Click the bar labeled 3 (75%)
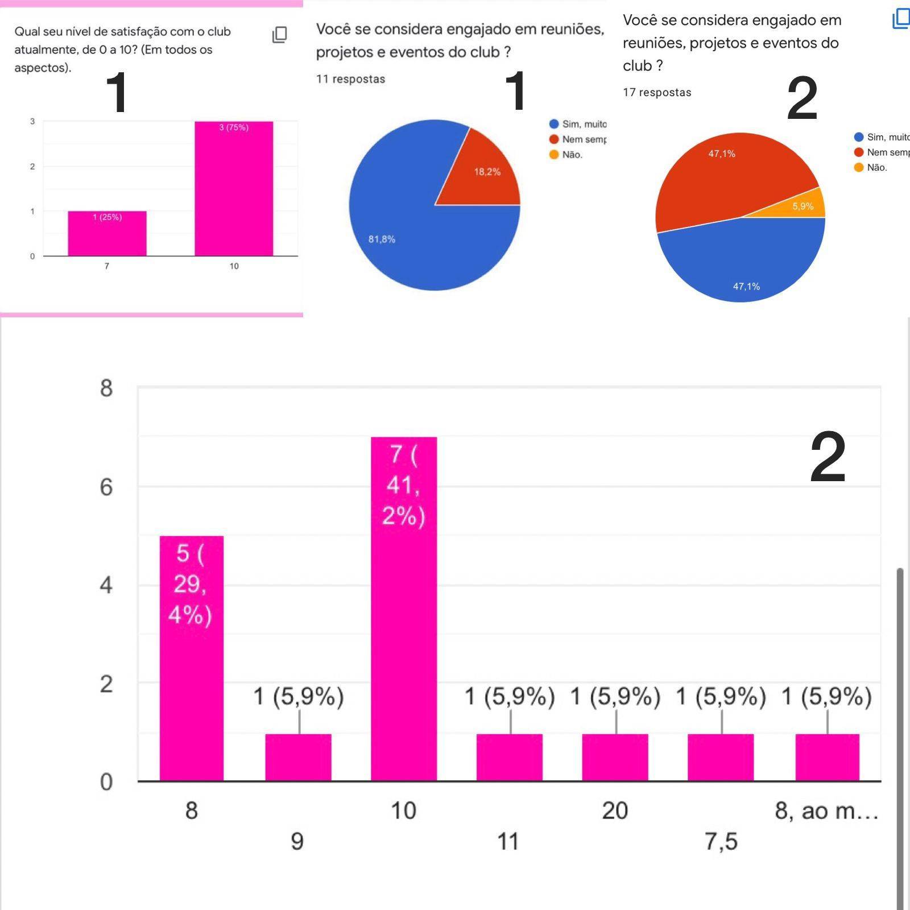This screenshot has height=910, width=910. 234,188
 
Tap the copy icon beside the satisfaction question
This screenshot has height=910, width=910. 279,35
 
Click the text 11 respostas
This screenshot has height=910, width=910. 350,79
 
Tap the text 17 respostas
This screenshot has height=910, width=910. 657,92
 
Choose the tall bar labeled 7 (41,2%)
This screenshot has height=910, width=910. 404,609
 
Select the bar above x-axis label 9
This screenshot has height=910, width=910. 298,757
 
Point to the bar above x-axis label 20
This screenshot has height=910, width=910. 615,757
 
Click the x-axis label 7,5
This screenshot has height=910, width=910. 721,841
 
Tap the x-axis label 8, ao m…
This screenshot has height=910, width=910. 826,810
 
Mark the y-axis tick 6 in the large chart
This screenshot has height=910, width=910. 106,487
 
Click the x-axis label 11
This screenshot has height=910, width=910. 508,841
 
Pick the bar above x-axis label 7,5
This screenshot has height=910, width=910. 721,757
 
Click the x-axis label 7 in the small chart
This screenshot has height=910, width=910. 107,266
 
